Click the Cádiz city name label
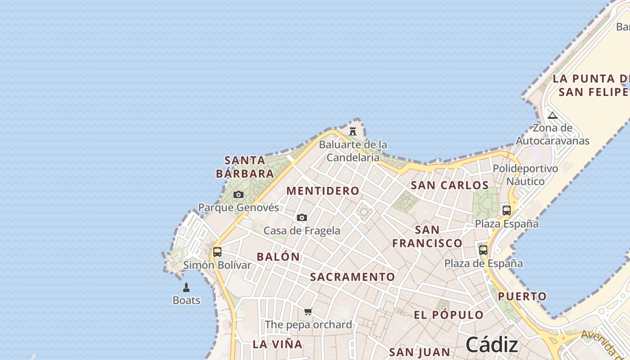pyautogui.click(x=492, y=345)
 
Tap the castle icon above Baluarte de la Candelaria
pyautogui.click(x=353, y=131)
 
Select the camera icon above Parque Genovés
pyautogui.click(x=238, y=195)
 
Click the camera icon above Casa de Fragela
pyautogui.click(x=302, y=218)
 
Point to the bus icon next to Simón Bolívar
pyautogui.click(x=217, y=252)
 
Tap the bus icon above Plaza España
pyautogui.click(x=507, y=211)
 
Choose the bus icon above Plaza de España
pyautogui.click(x=483, y=250)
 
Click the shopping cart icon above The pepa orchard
pyautogui.click(x=308, y=311)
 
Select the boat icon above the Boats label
pyautogui.click(x=186, y=288)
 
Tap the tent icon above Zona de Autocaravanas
pyautogui.click(x=553, y=115)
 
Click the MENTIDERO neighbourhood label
pyautogui.click(x=323, y=191)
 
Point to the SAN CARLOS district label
pyautogui.click(x=450, y=185)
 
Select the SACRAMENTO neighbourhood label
pyautogui.click(x=352, y=277)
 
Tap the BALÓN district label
pyautogui.click(x=278, y=257)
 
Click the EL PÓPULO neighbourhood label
pyautogui.click(x=449, y=315)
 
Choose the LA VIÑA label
pyautogui.click(x=277, y=344)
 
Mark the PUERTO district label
pyautogui.click(x=522, y=297)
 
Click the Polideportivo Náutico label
pyautogui.click(x=525, y=175)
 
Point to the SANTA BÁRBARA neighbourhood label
pyautogui.click(x=245, y=167)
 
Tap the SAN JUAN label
pyautogui.click(x=419, y=352)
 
